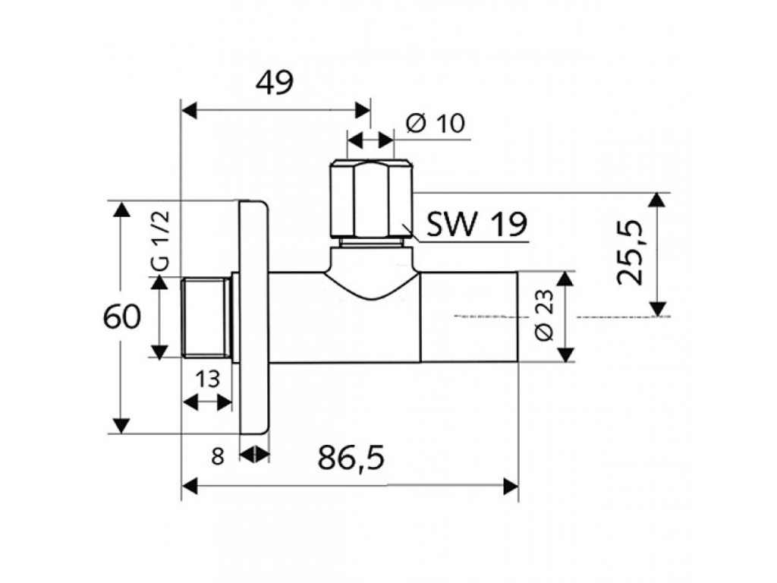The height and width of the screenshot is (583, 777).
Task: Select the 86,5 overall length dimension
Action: point(351,458)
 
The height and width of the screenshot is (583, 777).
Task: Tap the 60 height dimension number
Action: point(121,317)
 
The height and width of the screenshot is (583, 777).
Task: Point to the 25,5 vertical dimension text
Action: point(631,254)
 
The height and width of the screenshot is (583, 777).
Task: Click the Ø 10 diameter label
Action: point(436,124)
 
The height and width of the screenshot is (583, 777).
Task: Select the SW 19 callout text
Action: point(477,225)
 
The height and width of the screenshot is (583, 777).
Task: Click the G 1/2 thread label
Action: point(162,241)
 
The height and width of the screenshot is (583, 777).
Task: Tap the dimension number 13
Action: point(206,380)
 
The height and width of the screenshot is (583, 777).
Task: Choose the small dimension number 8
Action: point(218,456)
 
